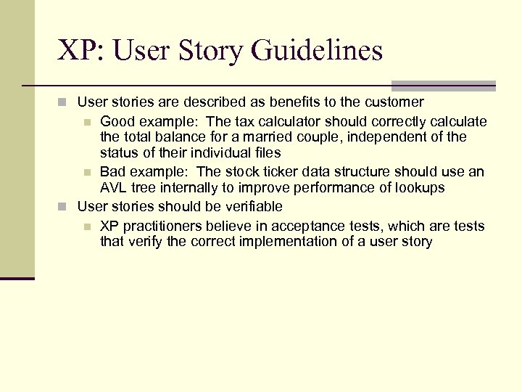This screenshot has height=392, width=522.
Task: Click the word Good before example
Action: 117,121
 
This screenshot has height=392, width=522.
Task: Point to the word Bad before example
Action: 113,172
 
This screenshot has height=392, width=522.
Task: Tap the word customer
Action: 395,102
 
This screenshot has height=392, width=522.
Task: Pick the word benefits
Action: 283,102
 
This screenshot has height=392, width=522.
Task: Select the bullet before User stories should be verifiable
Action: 64,207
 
